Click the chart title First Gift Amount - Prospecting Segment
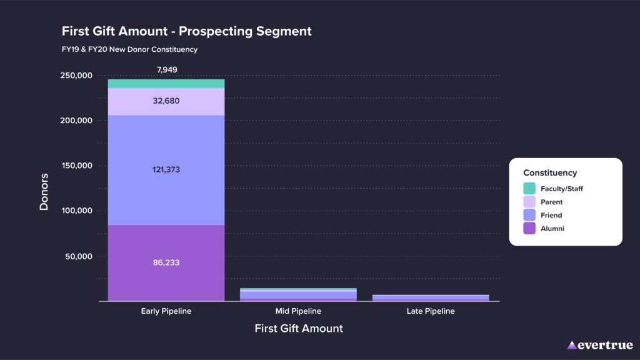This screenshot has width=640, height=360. [186, 31]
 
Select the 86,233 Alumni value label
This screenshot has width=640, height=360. [166, 262]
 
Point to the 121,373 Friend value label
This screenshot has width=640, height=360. [166, 169]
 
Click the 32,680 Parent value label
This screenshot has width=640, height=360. [166, 101]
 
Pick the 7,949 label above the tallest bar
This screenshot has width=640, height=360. [166, 69]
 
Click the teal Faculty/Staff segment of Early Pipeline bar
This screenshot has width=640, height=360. [166, 84]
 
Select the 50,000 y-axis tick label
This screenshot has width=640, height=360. [77, 256]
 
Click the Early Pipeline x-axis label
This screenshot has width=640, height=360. [166, 311]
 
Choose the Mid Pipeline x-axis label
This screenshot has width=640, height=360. [298, 311]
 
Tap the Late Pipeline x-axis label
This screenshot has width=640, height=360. [431, 311]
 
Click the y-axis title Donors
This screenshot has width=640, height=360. [44, 191]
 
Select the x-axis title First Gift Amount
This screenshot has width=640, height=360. [299, 328]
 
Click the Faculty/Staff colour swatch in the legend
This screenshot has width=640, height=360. [529, 188]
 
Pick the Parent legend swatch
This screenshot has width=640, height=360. [529, 202]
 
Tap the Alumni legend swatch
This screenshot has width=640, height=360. [529, 229]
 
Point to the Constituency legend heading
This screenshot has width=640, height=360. [550, 172]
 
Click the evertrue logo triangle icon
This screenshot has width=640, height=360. [572, 345]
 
